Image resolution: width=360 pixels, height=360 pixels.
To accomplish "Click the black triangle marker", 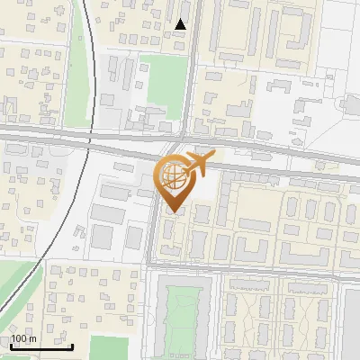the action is coord(181,24).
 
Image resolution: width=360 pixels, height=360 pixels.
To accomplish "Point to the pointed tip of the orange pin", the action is coord(174,212).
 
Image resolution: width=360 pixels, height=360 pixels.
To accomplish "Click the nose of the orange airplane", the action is coord(212,157).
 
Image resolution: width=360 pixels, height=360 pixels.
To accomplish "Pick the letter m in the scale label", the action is coord(33,338).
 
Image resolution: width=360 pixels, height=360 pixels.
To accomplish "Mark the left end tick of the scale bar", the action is coord(10,345).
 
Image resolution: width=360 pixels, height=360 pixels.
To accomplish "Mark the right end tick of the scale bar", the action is coord(73,345).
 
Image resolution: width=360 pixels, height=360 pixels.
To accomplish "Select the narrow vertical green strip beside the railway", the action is coord(79,54).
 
